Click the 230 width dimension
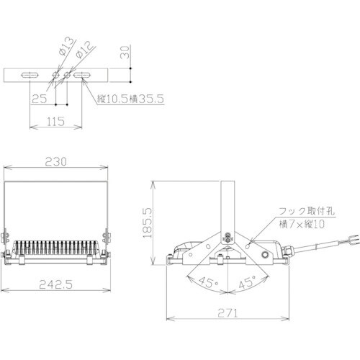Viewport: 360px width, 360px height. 58,163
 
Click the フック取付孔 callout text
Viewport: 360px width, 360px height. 306,212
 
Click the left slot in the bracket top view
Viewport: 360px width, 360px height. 31,74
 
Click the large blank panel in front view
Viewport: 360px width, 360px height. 58,205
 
